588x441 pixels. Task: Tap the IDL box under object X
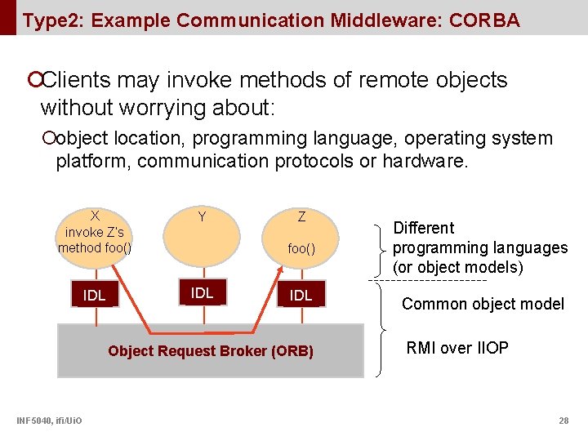tap(95, 296)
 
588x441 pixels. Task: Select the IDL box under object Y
tap(202, 293)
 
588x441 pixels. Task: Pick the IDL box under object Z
tap(301, 296)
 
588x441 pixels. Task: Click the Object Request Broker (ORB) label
tap(211, 351)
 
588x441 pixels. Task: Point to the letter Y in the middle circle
tap(202, 217)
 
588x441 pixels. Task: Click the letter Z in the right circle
tap(301, 217)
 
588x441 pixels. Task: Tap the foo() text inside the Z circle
tap(301, 249)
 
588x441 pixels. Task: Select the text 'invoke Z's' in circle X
tap(95, 232)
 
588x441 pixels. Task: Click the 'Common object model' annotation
tap(483, 305)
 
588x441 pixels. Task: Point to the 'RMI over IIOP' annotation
tap(457, 349)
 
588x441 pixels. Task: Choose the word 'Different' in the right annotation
tap(424, 228)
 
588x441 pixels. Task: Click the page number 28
tap(563, 421)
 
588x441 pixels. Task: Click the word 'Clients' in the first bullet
tap(76, 80)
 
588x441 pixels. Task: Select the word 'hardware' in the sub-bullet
tap(425, 161)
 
